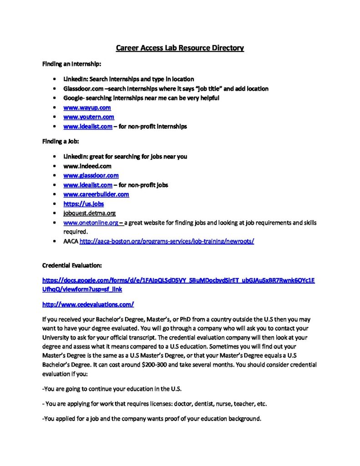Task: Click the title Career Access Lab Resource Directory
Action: pyautogui.click(x=180, y=48)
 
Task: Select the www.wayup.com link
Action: pyautogui.click(x=87, y=107)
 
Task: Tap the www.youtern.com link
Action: pyautogui.click(x=89, y=117)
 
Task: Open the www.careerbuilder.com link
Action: pyautogui.click(x=96, y=194)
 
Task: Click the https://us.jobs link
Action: pyautogui.click(x=84, y=204)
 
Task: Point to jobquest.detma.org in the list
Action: pyautogui.click(x=89, y=213)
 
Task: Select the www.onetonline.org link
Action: pyautogui.click(x=92, y=223)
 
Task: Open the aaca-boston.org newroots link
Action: pyautogui.click(x=167, y=242)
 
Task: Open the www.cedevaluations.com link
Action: pyautogui.click(x=88, y=304)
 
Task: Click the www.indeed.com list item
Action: pyautogui.click(x=87, y=166)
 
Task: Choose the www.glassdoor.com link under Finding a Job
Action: pyautogui.click(x=91, y=175)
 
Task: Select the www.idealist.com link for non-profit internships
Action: pyautogui.click(x=88, y=127)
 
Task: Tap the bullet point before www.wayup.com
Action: pyautogui.click(x=55, y=108)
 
